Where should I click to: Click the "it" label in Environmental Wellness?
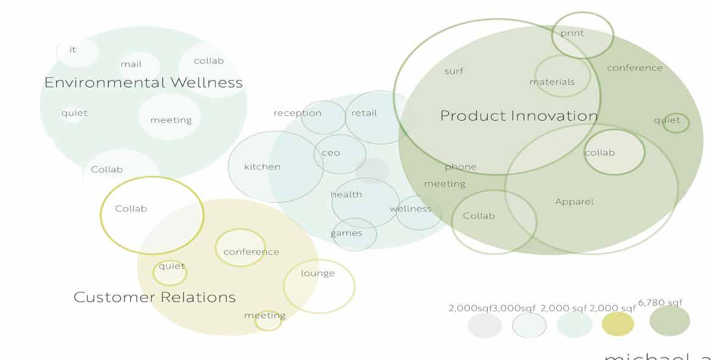pos(72,50)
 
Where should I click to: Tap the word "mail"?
pos(131,64)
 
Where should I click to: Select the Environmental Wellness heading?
pos(143,83)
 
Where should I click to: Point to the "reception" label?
pos(297,113)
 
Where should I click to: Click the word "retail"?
pos(364,113)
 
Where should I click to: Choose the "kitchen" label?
pos(262,166)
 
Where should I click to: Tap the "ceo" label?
pos(331,153)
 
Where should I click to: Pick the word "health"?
pos(346,194)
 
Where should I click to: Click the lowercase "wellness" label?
pos(411,209)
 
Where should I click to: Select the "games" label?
pos(346,233)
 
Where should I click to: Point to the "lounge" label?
pos(318,273)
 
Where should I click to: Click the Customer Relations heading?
pos(155,297)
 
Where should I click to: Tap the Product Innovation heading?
pos(519,116)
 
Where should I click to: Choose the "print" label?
pos(572,34)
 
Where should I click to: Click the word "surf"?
pos(454,71)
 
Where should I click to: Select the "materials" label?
pos(552,82)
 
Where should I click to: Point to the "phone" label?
pos(460,167)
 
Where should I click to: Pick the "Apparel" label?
pos(574,202)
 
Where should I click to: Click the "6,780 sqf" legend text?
pos(660,303)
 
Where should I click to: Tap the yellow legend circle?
pos(618,324)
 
